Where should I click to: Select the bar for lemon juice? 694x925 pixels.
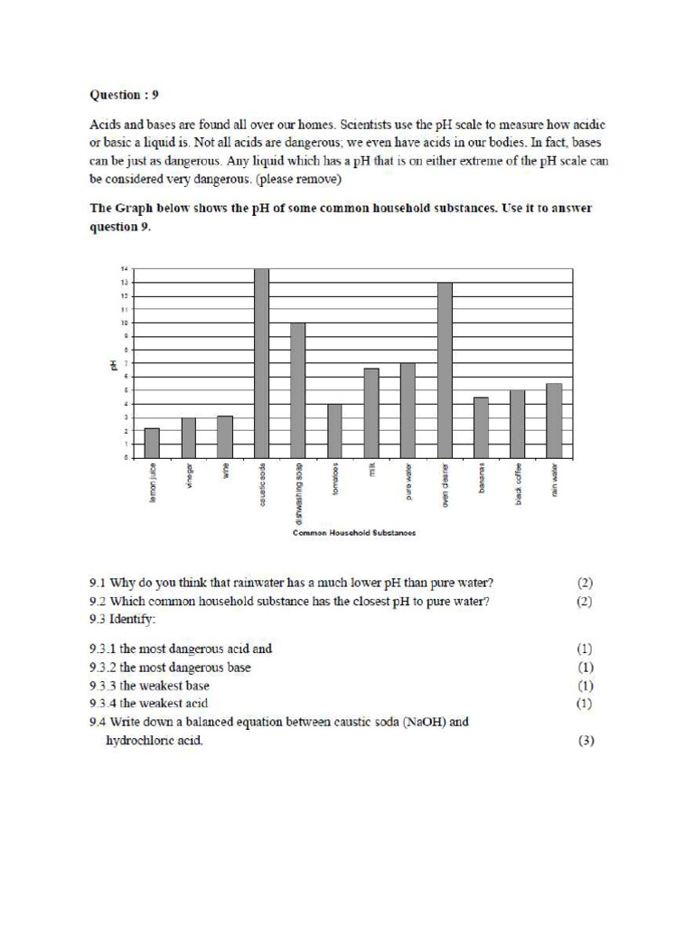click(152, 443)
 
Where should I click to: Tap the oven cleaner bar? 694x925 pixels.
click(445, 370)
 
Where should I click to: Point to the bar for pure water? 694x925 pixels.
click(408, 410)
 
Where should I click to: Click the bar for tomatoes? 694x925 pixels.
click(334, 431)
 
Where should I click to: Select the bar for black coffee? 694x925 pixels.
click(518, 424)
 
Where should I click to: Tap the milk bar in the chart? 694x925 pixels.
click(371, 413)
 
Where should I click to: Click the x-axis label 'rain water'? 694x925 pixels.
click(555, 479)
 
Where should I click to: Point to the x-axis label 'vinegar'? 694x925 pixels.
click(189, 476)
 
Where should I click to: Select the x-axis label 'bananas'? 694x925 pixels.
click(482, 476)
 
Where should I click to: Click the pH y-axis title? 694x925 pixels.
click(113, 364)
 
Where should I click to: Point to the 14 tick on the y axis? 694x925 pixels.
click(123, 269)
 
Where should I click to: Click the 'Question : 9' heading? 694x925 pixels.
click(126, 94)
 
